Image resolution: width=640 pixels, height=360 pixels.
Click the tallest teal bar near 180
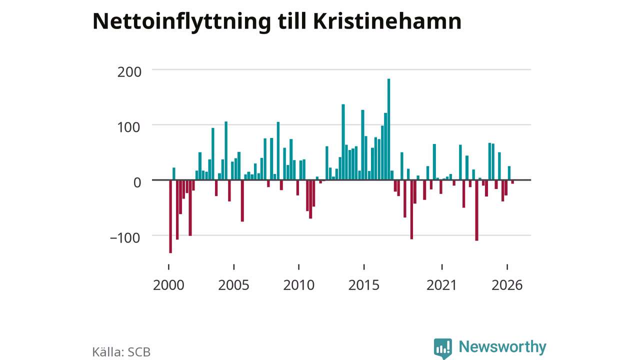(x=388, y=129)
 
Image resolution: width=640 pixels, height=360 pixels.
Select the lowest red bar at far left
(x=170, y=216)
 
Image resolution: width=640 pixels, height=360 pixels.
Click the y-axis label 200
(x=129, y=72)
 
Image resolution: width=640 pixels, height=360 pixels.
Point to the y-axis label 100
(x=129, y=127)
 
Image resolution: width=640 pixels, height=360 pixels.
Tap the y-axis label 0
(x=137, y=182)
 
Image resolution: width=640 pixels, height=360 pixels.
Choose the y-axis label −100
(x=125, y=237)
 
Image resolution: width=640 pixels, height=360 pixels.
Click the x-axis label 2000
(x=168, y=285)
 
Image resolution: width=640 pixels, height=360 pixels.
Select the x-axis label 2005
(x=233, y=285)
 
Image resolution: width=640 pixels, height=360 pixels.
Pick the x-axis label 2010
(x=299, y=285)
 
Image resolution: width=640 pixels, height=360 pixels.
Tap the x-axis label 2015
(x=364, y=285)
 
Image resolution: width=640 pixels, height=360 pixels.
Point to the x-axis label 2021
(x=442, y=285)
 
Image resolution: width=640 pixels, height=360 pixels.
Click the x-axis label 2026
(x=507, y=285)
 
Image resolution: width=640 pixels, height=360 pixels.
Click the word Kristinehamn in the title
(x=387, y=21)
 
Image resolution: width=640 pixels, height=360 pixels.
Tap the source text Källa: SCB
(x=121, y=352)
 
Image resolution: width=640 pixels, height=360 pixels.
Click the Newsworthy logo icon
(x=443, y=348)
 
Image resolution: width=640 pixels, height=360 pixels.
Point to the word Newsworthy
(x=502, y=347)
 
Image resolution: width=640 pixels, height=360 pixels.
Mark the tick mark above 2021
(x=442, y=267)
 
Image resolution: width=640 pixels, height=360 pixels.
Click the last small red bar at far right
(x=512, y=182)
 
